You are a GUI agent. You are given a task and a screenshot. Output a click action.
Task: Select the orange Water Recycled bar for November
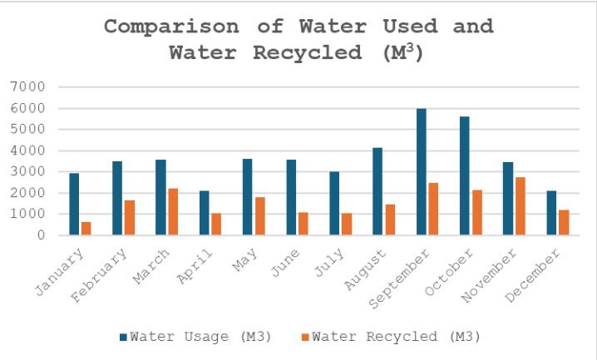(521, 206)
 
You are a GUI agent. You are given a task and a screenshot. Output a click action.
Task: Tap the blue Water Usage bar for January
(74, 205)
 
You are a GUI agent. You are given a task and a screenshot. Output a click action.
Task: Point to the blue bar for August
(377, 191)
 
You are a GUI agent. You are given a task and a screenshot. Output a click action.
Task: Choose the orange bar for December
(564, 223)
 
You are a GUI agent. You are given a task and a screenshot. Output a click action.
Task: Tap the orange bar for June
(303, 224)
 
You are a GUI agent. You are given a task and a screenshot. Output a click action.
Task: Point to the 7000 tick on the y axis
(29, 87)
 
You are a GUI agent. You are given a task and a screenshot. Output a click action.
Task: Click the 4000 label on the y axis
(29, 151)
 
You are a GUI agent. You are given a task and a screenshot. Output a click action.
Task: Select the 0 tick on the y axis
(40, 236)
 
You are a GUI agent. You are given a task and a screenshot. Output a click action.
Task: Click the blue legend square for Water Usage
(124, 337)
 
